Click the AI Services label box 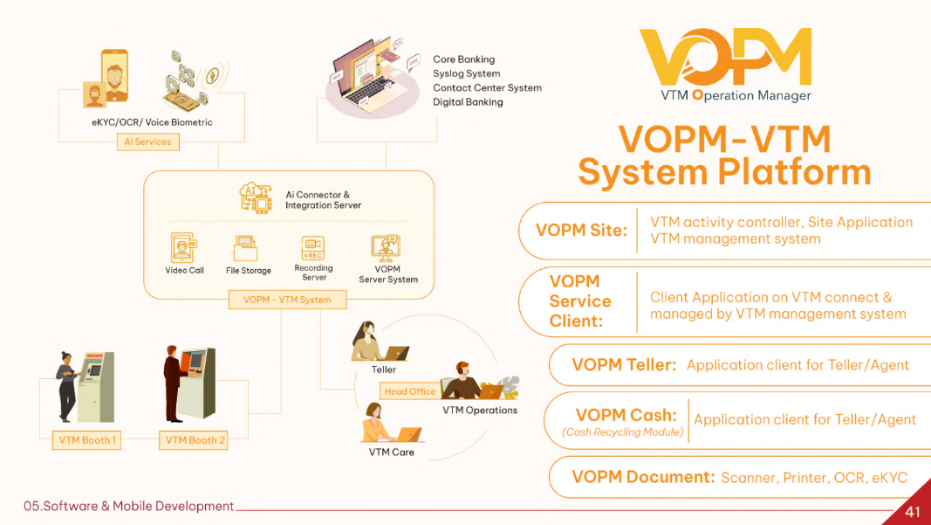click(x=147, y=142)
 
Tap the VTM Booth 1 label click(x=87, y=440)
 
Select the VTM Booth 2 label click(x=195, y=440)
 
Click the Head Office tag click(x=409, y=391)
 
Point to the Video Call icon click(x=184, y=248)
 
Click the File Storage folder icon click(x=248, y=249)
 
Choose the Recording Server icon click(x=313, y=247)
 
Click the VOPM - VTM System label click(x=287, y=300)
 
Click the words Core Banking click(x=463, y=59)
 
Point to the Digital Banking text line click(x=468, y=102)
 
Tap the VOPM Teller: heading click(x=624, y=365)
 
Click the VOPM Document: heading click(x=643, y=477)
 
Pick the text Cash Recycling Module click(x=623, y=432)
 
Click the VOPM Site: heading click(x=581, y=231)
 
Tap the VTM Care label click(x=392, y=452)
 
